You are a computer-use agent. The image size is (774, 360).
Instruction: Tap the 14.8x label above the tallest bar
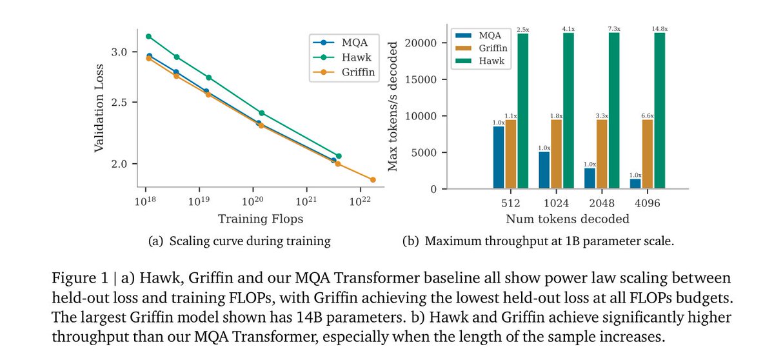659,28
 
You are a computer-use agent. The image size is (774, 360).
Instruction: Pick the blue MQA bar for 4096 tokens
635,184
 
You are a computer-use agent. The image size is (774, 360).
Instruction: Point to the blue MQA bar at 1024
544,170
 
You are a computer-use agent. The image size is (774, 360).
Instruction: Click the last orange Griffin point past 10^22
373,179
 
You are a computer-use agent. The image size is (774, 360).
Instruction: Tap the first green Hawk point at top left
148,36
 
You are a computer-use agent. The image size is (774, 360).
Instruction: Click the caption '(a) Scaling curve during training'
239,242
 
